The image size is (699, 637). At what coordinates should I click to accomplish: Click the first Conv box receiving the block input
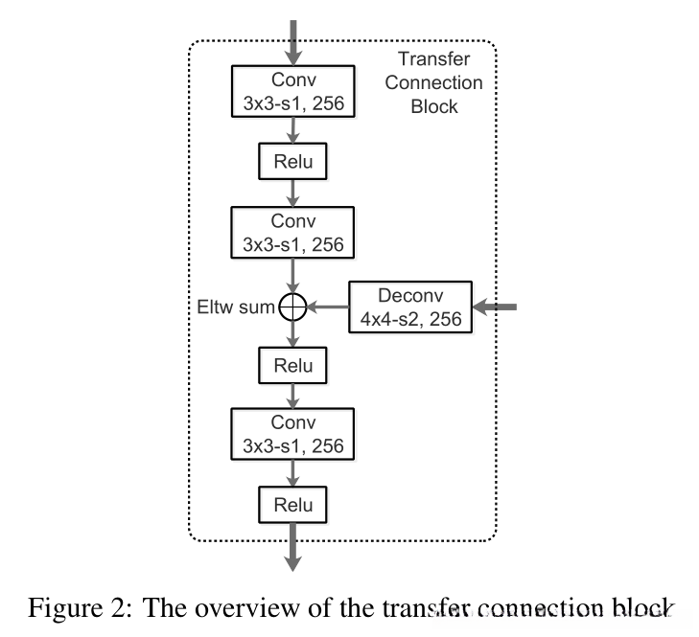point(293,92)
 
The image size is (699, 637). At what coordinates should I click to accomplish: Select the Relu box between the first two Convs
point(293,161)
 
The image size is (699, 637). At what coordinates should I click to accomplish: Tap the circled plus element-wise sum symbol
point(292,307)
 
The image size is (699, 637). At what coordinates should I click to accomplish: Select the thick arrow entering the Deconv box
point(497,307)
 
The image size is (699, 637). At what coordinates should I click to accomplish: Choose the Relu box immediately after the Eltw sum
point(293,365)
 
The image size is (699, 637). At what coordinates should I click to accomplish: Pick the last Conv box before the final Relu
point(293,432)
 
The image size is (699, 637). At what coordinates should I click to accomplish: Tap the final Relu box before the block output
point(293,502)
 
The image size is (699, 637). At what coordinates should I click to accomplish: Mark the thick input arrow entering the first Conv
point(293,40)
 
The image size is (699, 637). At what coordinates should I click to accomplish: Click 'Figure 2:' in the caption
point(64,607)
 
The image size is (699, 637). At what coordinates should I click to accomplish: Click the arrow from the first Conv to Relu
point(293,131)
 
